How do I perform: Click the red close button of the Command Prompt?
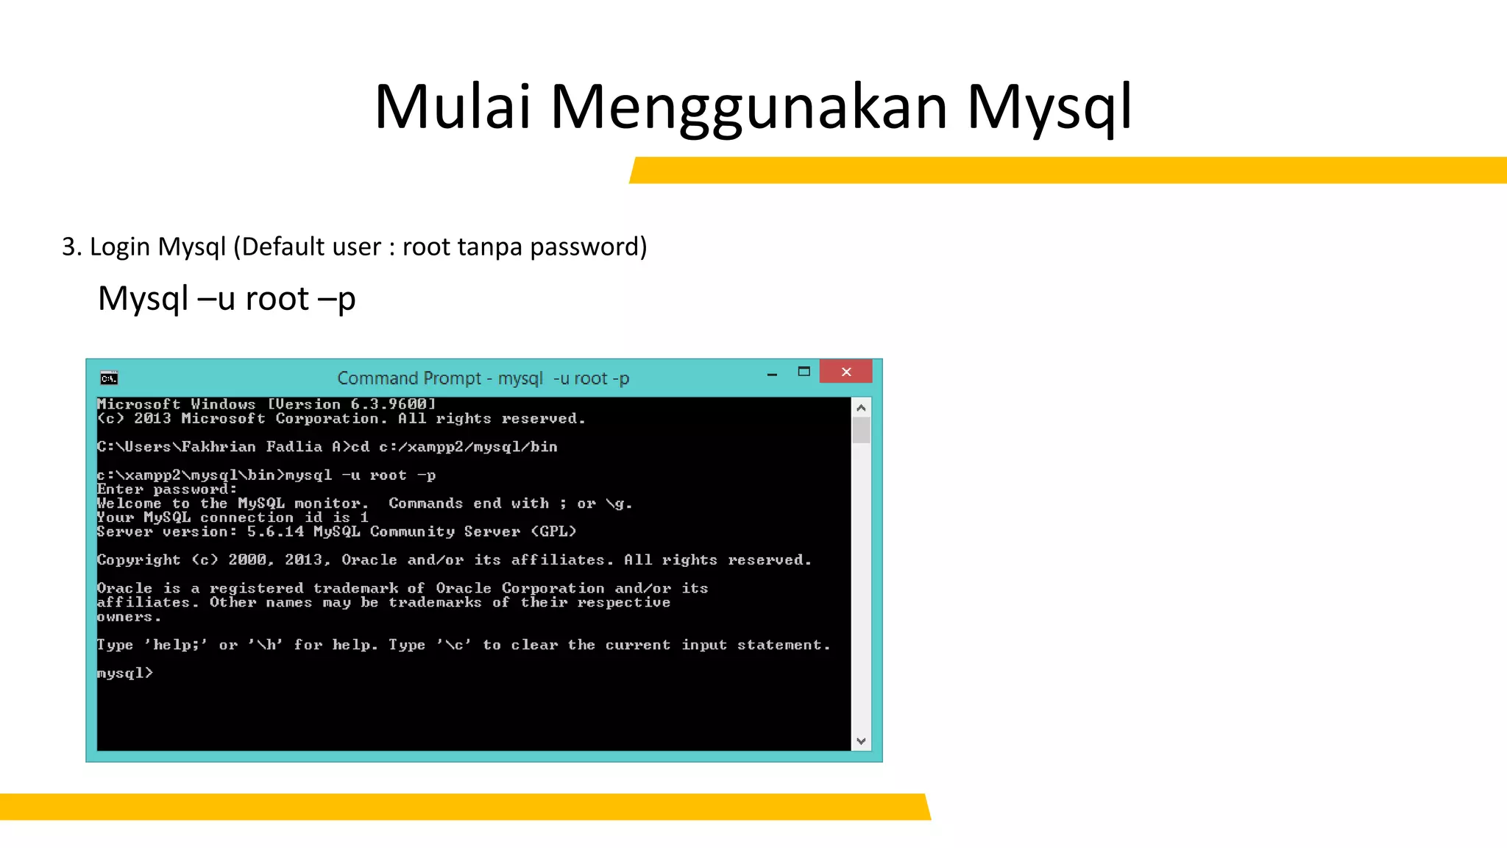pos(845,372)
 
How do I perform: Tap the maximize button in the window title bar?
pos(804,372)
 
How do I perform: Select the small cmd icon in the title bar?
pos(109,378)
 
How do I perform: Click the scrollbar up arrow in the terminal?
pos(861,408)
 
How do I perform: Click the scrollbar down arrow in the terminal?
pos(861,741)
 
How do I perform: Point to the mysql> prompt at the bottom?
pos(124,673)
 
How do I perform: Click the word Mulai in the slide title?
pos(452,107)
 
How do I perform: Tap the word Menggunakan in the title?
pos(748,107)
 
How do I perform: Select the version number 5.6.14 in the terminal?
pos(275,531)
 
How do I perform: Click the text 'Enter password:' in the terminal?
pos(166,490)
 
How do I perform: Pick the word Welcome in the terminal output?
pos(129,504)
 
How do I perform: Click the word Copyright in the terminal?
pos(138,560)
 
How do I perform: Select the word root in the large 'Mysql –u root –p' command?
pos(277,299)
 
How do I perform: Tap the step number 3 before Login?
pos(68,247)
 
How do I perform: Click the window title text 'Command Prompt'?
pos(408,378)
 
